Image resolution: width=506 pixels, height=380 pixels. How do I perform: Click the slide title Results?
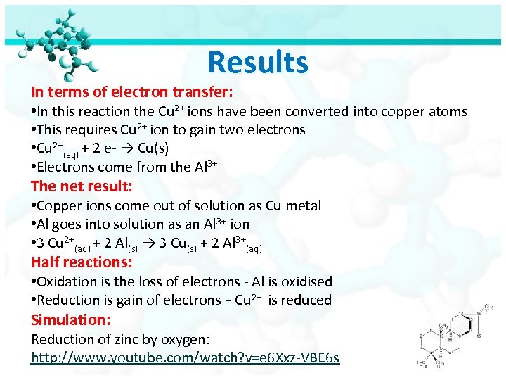[258, 63]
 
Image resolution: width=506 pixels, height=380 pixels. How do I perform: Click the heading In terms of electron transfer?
[132, 91]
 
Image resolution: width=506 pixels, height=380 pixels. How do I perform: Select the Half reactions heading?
[82, 262]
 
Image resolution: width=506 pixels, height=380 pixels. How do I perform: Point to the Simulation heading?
[67, 319]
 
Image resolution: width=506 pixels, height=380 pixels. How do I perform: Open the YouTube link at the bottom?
[185, 358]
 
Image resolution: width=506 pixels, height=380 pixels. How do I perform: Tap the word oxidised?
[306, 281]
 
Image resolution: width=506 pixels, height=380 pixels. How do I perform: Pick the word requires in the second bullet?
[93, 129]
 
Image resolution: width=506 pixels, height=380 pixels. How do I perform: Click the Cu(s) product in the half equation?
[153, 148]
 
